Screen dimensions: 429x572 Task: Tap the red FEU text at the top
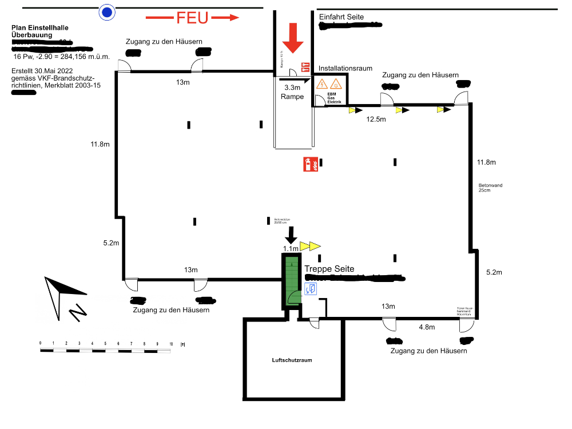tap(192, 18)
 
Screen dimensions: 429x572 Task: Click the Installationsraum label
tap(345, 68)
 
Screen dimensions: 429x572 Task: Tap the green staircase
tap(292, 280)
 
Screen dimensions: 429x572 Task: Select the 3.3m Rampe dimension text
tap(292, 92)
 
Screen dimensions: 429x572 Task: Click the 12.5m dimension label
tap(376, 120)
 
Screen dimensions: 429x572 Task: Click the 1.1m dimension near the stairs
tap(291, 248)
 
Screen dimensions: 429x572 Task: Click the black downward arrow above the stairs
tap(291, 234)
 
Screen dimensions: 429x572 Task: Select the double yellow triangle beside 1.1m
tap(311, 247)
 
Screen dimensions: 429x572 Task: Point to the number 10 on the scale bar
tap(171, 343)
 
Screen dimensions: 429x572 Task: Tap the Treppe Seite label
tap(329, 269)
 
